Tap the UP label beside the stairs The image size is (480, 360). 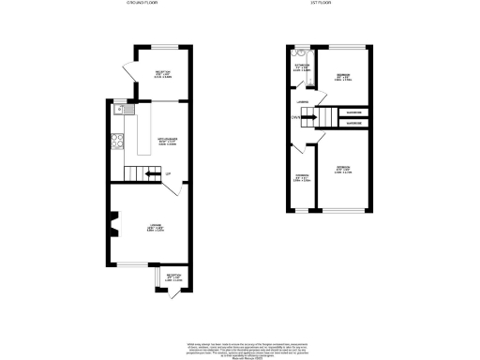[x=167, y=174]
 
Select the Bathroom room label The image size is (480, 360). [x=302, y=66]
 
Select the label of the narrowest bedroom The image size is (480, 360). [x=302, y=179]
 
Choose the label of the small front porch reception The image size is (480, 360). [x=172, y=277]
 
